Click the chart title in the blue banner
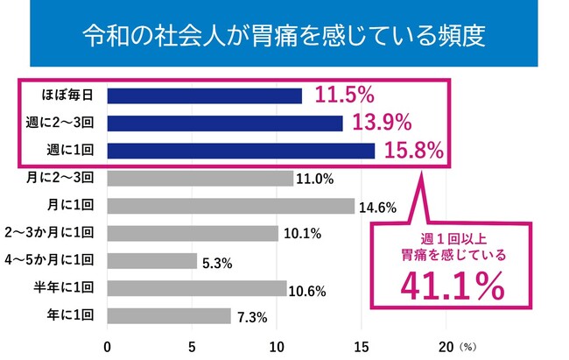coord(284,38)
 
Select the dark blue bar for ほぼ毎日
coord(204,95)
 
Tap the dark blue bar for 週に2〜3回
coord(224,123)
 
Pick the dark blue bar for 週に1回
coord(241,150)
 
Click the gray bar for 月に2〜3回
coord(200,178)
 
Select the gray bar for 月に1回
coord(230,206)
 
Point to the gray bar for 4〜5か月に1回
coord(151,260)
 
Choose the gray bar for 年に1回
coord(169,315)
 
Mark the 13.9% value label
coord(377,122)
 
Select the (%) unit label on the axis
coord(468,346)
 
